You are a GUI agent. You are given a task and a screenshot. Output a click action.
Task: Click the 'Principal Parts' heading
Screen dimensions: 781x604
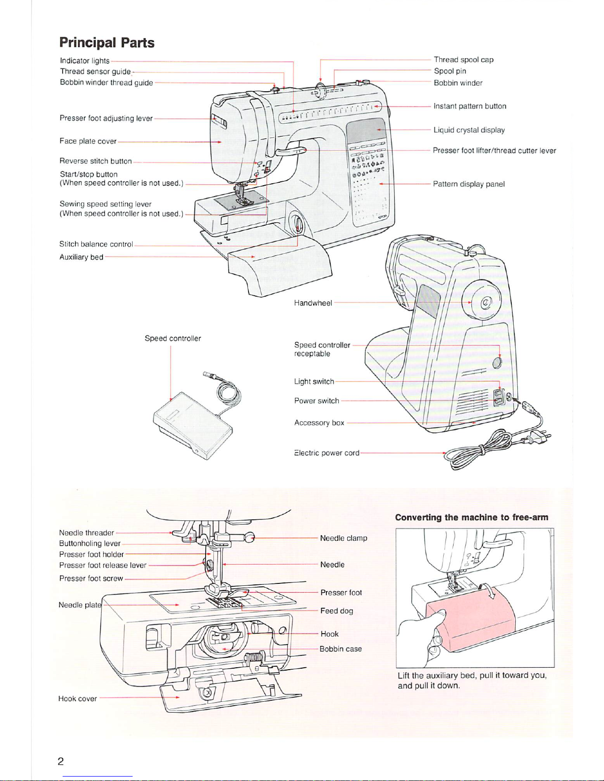click(x=107, y=43)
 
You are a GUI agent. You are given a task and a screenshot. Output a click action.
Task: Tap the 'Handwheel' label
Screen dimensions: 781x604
click(x=313, y=303)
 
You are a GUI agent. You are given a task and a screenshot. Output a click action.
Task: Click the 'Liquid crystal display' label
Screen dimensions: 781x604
click(x=469, y=130)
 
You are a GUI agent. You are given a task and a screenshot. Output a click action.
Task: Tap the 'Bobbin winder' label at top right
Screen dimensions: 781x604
click(x=458, y=83)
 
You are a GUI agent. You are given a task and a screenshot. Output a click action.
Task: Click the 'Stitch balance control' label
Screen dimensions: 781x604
click(x=96, y=244)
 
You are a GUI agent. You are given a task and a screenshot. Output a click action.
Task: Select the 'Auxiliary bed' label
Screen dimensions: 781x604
click(x=81, y=257)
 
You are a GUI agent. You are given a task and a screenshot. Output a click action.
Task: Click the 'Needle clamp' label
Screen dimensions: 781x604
click(x=343, y=538)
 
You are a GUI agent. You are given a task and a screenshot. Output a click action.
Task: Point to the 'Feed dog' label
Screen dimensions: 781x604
click(x=336, y=611)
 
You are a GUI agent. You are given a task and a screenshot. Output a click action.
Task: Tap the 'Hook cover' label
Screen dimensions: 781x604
click(x=77, y=699)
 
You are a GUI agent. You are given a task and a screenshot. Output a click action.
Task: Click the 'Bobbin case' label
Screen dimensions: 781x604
click(x=340, y=649)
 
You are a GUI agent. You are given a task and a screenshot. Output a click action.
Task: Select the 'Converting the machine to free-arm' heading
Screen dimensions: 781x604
click(x=471, y=517)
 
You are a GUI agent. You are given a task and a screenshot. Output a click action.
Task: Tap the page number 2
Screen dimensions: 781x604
click(x=61, y=762)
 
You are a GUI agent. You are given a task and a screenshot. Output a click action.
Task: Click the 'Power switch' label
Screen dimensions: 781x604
click(x=317, y=401)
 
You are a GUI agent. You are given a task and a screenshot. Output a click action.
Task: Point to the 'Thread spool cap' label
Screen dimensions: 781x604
click(x=463, y=60)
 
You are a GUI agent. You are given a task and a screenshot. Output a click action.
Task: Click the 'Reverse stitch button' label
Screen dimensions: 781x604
click(x=96, y=161)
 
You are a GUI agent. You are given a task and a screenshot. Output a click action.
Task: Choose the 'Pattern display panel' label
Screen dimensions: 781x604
click(x=468, y=184)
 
